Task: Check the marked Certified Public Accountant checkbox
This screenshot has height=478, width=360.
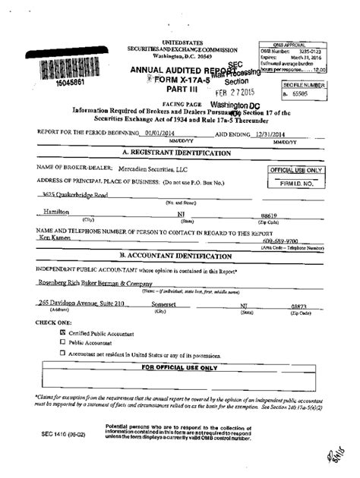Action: click(62, 332)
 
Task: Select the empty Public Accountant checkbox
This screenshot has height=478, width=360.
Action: click(62, 342)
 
